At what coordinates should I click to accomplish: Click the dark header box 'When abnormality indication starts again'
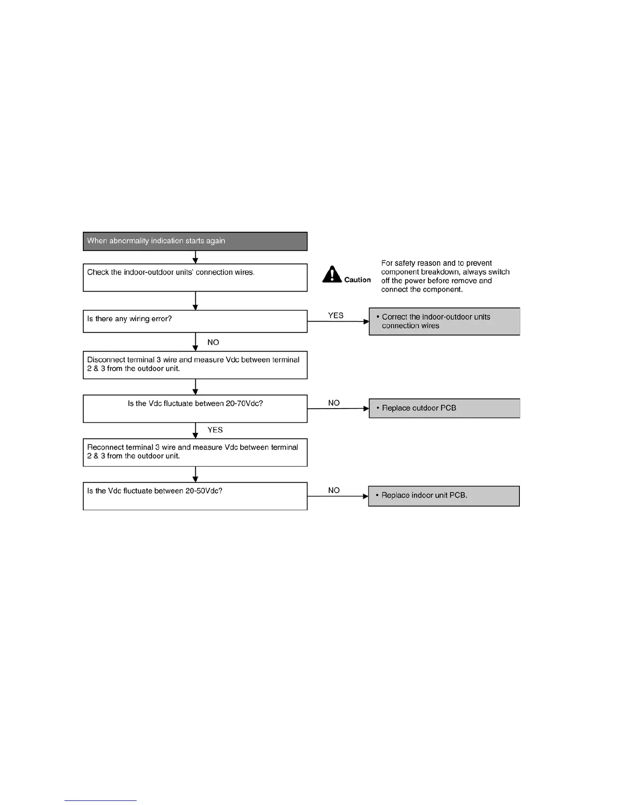click(195, 241)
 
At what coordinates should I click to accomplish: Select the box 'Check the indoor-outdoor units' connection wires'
click(195, 277)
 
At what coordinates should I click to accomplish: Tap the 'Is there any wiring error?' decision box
click(195, 321)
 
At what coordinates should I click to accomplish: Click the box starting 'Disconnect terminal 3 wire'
click(195, 365)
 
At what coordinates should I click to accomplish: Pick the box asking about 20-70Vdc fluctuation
click(195, 409)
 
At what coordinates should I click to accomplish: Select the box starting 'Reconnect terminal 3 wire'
click(195, 452)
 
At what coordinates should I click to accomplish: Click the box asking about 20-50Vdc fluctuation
click(195, 496)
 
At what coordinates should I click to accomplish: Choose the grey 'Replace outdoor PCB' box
click(444, 408)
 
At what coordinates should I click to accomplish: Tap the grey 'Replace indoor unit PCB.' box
click(444, 496)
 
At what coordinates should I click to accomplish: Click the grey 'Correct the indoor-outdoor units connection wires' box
click(444, 321)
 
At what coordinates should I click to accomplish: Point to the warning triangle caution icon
click(332, 274)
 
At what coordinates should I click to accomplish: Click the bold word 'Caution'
click(357, 280)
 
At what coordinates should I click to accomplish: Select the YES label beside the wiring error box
click(335, 316)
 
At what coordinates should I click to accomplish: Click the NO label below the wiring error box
click(213, 343)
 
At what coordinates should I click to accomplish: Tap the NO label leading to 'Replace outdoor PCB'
click(334, 403)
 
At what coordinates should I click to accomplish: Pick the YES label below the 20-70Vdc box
click(215, 430)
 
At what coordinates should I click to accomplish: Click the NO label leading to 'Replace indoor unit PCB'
click(334, 490)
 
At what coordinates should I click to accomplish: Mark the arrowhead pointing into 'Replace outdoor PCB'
click(366, 408)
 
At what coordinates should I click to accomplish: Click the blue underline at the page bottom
click(101, 800)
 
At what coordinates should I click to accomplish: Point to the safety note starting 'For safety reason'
click(445, 276)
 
